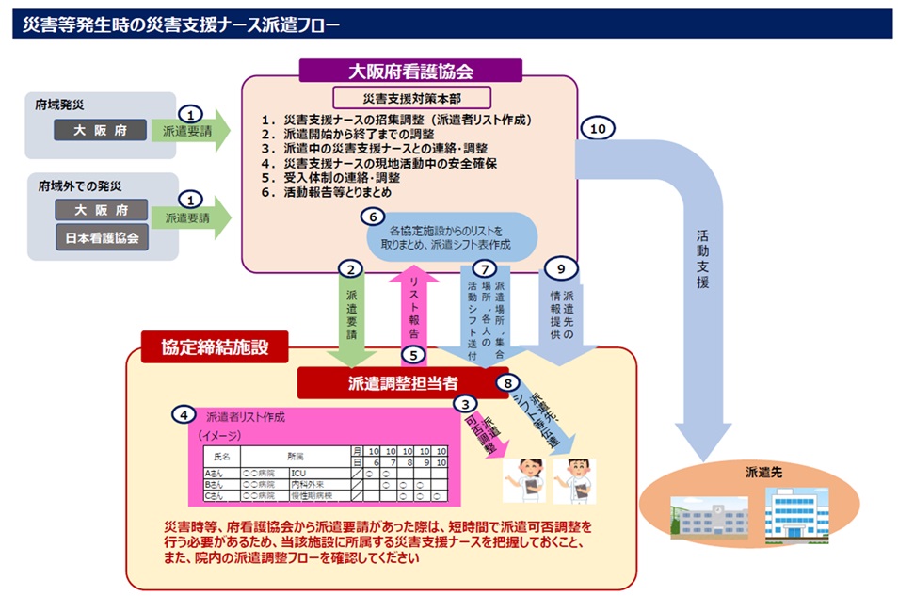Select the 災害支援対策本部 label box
pyautogui.click(x=411, y=98)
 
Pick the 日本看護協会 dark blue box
pyautogui.click(x=102, y=238)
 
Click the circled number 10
pyautogui.click(x=595, y=129)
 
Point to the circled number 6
pyautogui.click(x=375, y=216)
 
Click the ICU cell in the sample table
pyautogui.click(x=298, y=473)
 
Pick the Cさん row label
pyautogui.click(x=216, y=495)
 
